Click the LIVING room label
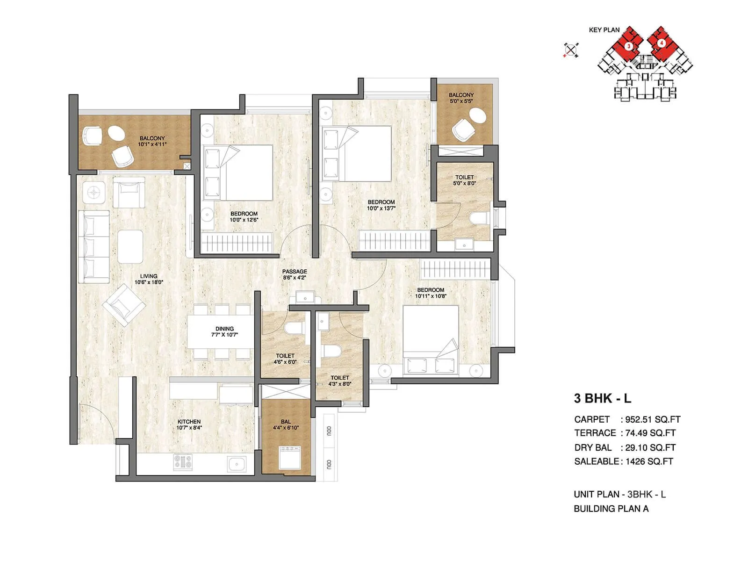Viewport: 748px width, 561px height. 149,276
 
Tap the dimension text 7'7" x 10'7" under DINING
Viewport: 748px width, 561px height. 224,335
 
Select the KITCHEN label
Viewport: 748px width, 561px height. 189,422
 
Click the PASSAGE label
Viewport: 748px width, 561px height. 295,271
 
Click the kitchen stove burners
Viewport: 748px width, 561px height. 183,462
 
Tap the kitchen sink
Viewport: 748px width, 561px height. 237,464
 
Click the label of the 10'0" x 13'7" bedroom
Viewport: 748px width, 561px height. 381,202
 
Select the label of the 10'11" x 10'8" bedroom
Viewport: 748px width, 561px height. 431,290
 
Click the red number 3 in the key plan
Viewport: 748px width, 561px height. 629,46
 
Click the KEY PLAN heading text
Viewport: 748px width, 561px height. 604,30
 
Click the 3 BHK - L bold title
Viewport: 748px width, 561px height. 603,398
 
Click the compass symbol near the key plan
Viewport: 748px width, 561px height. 571,50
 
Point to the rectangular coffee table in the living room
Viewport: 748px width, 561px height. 130,246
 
